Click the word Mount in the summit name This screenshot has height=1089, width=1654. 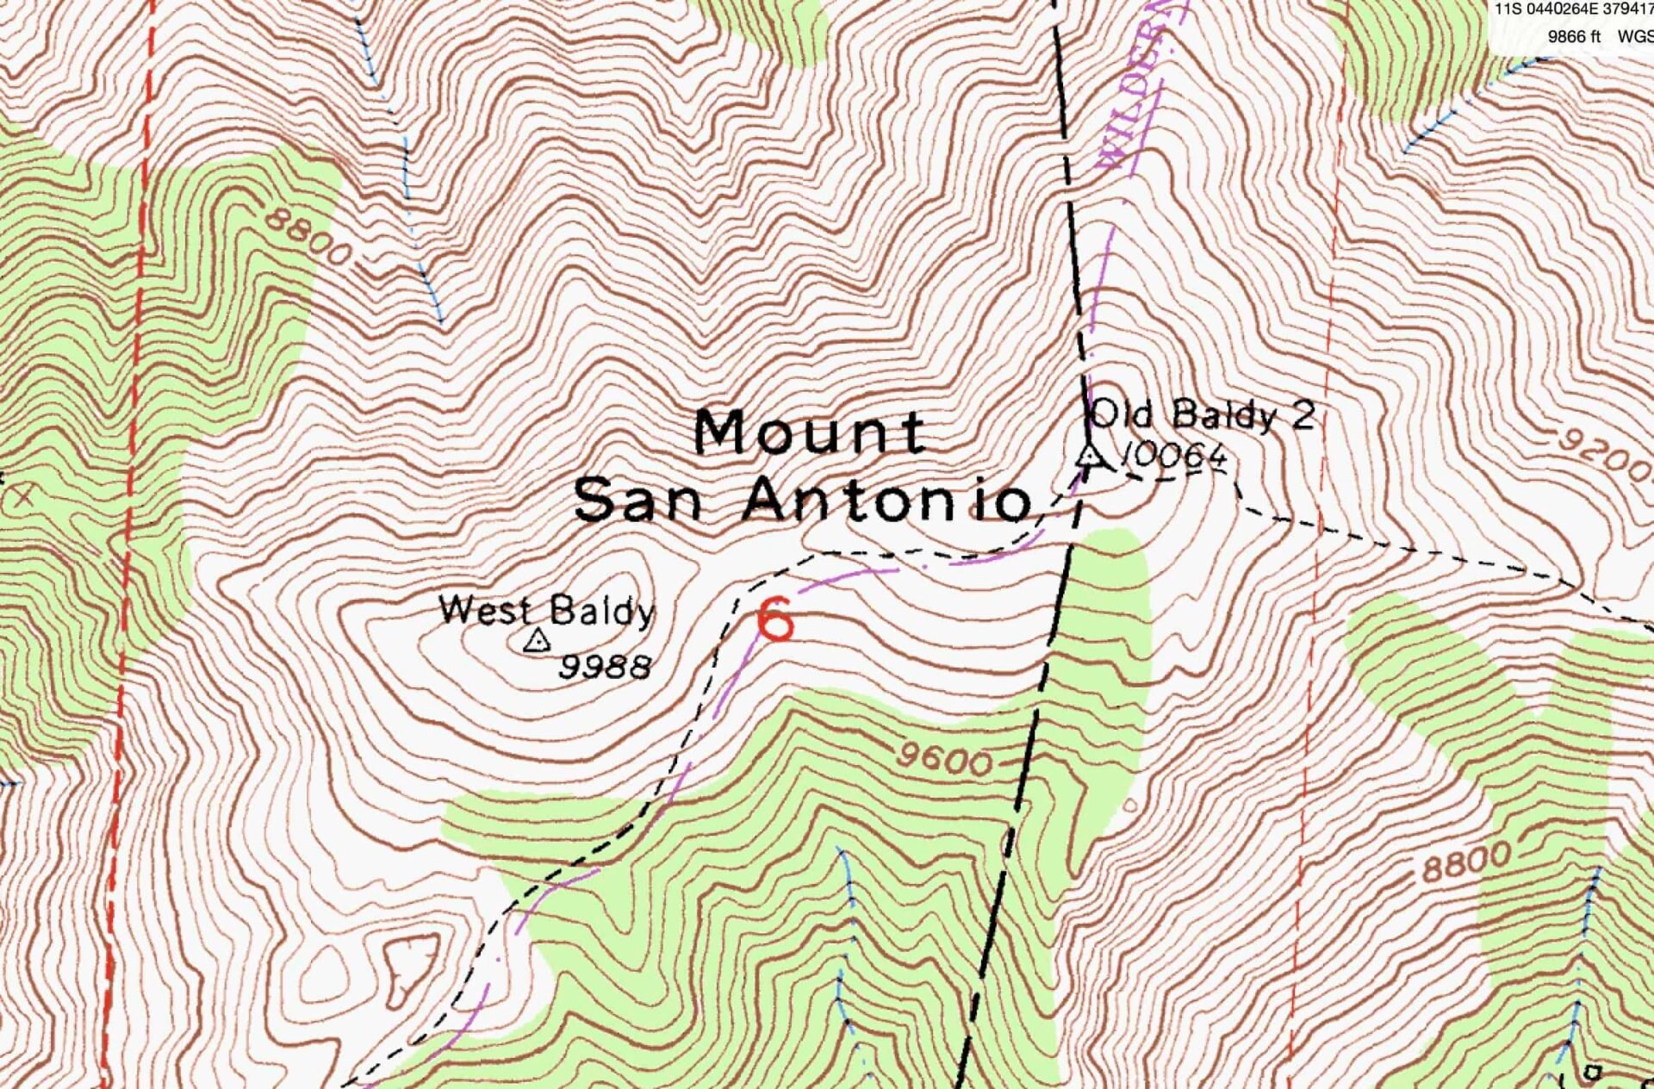tap(810, 432)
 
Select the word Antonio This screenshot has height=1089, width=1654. tap(887, 501)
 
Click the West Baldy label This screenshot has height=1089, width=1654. tap(546, 611)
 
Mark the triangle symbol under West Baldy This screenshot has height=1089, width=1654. tap(537, 641)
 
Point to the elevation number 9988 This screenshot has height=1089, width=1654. tap(605, 666)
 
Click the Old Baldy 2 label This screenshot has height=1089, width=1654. tap(1202, 414)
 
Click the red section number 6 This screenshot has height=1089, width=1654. tap(775, 620)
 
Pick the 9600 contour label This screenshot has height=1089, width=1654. tap(943, 760)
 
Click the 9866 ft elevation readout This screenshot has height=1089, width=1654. tap(1574, 36)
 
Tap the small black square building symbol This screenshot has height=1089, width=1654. tap(1592, 1073)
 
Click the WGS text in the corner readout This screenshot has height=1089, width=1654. tap(1634, 36)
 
